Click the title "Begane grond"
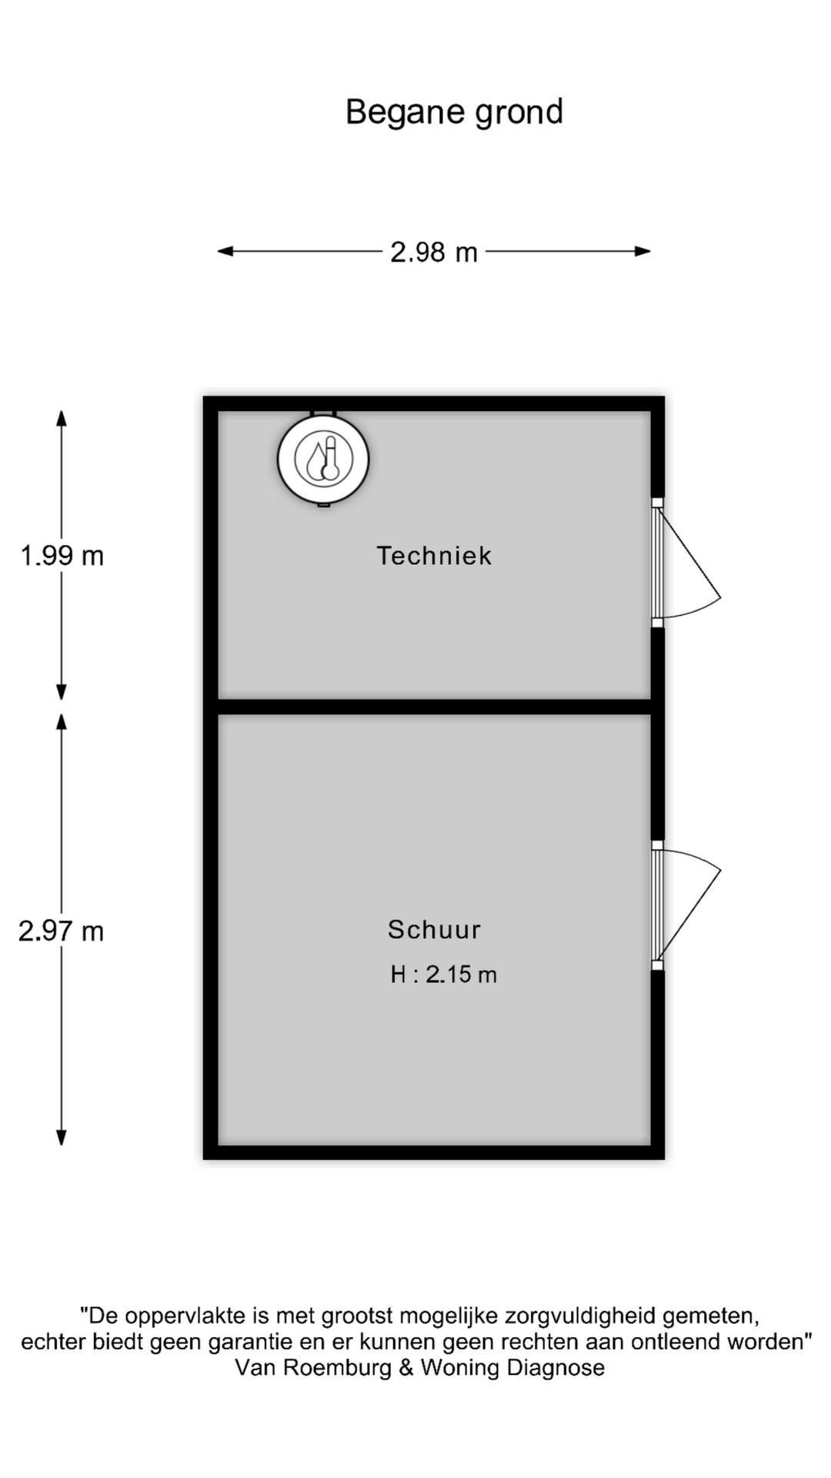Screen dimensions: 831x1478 coord(454,112)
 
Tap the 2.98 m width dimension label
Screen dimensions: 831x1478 coord(434,252)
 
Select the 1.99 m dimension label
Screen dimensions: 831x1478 coord(62,555)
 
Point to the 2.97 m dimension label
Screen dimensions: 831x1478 coord(61,931)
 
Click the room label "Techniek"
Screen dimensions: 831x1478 coord(434,555)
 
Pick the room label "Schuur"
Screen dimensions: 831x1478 coord(434,929)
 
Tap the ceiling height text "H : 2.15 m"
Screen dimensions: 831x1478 coord(443,975)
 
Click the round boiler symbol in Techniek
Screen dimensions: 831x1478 coord(323,460)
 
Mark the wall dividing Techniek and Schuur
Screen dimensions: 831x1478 coord(435,707)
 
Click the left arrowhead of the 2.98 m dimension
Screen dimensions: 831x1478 coord(225,251)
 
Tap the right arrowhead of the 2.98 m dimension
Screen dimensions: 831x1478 coord(643,251)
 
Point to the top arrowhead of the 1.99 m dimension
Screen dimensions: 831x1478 coord(62,418)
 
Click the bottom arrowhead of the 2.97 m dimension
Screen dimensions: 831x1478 coord(62,1137)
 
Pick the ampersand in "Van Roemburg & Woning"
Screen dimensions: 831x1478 coord(405,1368)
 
